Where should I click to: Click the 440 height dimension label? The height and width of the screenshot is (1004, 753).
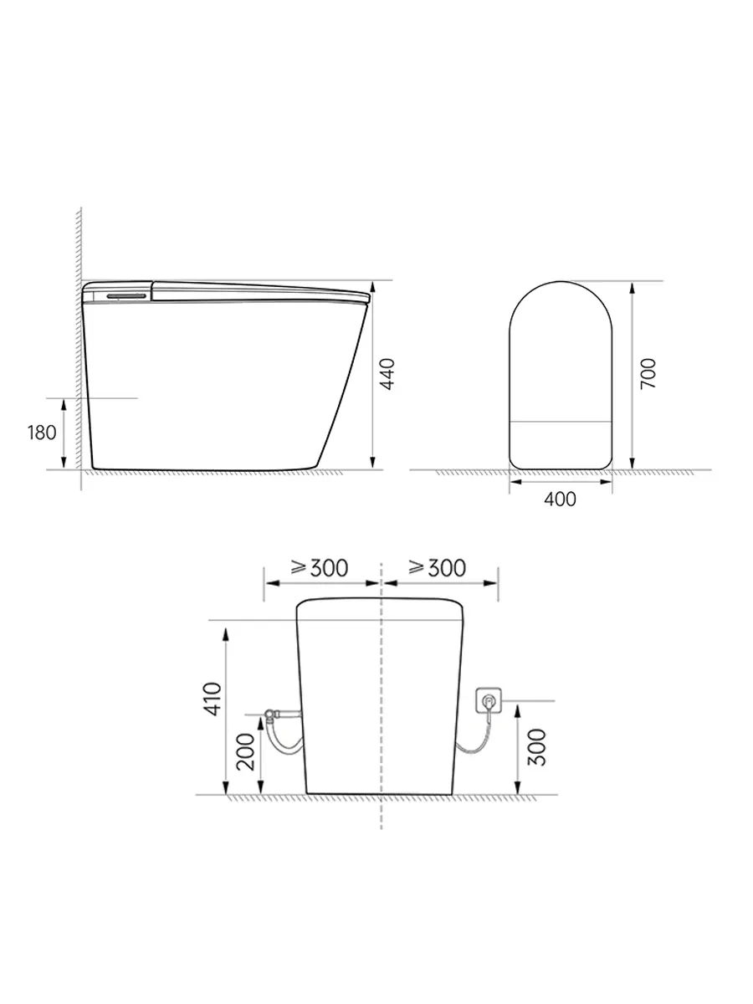pyautogui.click(x=387, y=374)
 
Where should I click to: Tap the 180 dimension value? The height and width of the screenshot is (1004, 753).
pyautogui.click(x=42, y=433)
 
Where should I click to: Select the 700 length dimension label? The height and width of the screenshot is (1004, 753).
pyautogui.click(x=648, y=374)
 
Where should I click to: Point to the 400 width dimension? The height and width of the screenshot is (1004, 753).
pyautogui.click(x=561, y=499)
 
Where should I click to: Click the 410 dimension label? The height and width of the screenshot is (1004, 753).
pyautogui.click(x=213, y=699)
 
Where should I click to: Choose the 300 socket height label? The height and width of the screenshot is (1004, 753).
pyautogui.click(x=537, y=747)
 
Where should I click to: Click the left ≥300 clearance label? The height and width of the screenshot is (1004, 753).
pyautogui.click(x=319, y=568)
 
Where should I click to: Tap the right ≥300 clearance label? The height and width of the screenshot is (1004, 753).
pyautogui.click(x=437, y=567)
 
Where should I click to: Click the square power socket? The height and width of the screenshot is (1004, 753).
pyautogui.click(x=489, y=700)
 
